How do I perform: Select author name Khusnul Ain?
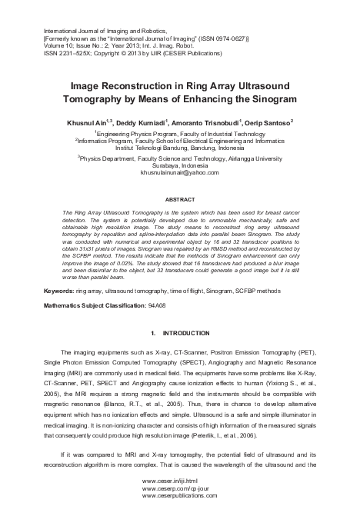coord(88,121)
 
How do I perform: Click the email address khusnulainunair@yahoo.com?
coord(179,173)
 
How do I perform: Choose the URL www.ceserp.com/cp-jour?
coord(175,508)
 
